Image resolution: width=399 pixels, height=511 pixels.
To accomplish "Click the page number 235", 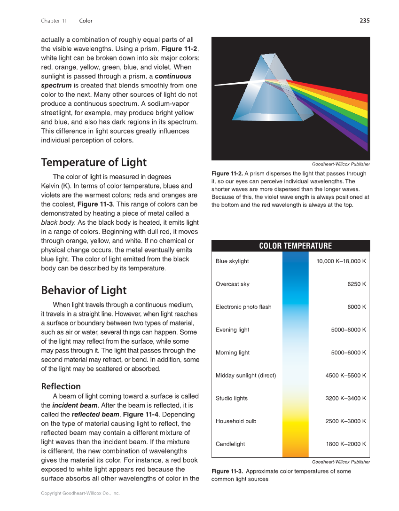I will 364,21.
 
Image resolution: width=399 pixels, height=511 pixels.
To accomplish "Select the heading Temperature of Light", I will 94,163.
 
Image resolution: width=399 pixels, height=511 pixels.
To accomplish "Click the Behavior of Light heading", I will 84,290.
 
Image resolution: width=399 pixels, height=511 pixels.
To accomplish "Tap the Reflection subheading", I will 61,386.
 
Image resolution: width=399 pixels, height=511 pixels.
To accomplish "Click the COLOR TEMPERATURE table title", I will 295,246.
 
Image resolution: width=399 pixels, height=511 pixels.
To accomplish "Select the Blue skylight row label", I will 232,261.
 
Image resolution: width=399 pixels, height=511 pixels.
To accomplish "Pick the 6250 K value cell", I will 357,284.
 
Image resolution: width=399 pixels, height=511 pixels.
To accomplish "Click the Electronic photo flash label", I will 243,307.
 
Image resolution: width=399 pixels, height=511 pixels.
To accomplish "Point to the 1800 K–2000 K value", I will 346,444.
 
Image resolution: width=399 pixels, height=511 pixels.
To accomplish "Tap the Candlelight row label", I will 230,444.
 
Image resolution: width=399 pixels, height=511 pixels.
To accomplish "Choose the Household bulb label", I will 236,421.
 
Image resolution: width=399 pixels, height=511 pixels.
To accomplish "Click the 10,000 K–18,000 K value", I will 341,261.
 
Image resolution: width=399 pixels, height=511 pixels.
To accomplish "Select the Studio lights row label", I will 232,399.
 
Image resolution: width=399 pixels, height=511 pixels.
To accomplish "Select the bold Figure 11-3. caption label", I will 227,471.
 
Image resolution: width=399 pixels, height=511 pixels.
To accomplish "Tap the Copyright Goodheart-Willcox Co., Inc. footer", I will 80,493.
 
